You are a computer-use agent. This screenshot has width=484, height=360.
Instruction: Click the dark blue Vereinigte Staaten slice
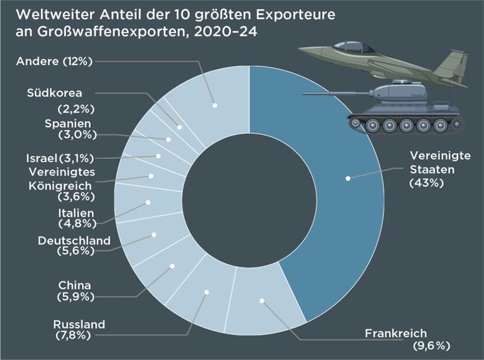point(331,195)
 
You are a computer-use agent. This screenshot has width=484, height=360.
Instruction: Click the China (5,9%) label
point(76,291)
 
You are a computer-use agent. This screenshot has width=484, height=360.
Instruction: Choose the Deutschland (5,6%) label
point(74,246)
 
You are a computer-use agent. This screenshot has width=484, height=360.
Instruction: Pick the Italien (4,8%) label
point(77,218)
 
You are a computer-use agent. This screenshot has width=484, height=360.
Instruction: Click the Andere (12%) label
point(54,61)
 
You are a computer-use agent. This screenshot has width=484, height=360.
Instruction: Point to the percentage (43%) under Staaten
point(426,182)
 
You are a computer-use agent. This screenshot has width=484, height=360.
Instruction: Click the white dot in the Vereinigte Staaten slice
point(348,177)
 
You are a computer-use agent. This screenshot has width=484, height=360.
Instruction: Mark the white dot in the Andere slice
point(215,105)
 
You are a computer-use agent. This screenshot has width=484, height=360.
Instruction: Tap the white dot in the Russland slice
point(207,292)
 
